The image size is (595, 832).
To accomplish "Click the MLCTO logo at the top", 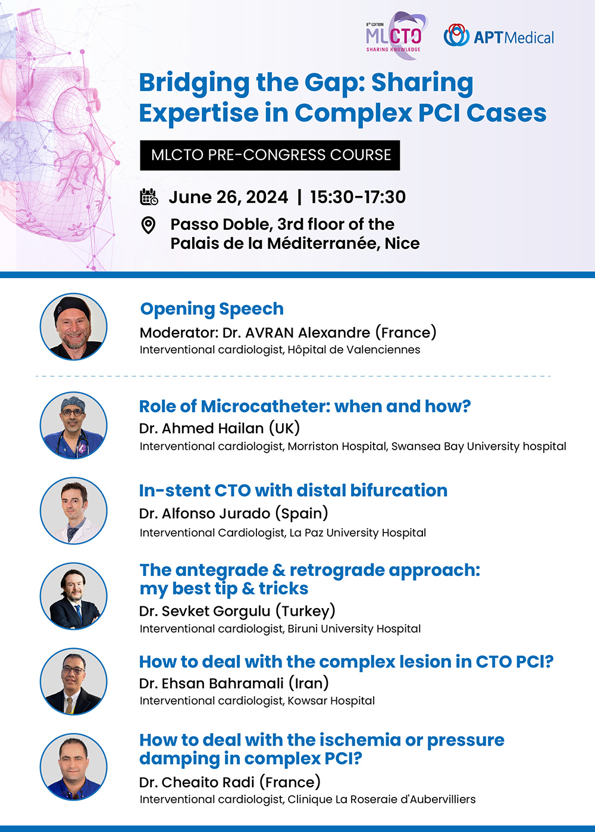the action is point(394,36).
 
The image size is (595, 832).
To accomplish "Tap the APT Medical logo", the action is point(499,36).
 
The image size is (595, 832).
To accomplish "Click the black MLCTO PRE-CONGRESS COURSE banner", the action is point(270,155).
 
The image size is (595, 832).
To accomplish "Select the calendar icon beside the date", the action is point(149,197).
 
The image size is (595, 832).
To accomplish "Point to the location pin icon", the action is point(149,225).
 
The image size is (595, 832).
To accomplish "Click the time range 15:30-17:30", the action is point(358,197).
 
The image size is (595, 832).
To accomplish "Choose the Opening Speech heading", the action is point(212,309).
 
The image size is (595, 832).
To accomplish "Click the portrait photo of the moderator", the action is point(74,326).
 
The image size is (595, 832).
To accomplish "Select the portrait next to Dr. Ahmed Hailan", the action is point(74,425).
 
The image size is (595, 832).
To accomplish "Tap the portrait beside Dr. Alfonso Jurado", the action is point(74,511).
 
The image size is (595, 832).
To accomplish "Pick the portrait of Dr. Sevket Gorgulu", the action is point(74,596).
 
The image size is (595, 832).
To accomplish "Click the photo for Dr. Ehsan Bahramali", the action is point(74,681).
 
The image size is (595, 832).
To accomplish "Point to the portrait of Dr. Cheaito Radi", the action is point(74,766).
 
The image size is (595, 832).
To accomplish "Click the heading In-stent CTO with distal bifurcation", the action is point(293,490).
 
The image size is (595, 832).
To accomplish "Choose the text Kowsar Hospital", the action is point(331,701).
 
